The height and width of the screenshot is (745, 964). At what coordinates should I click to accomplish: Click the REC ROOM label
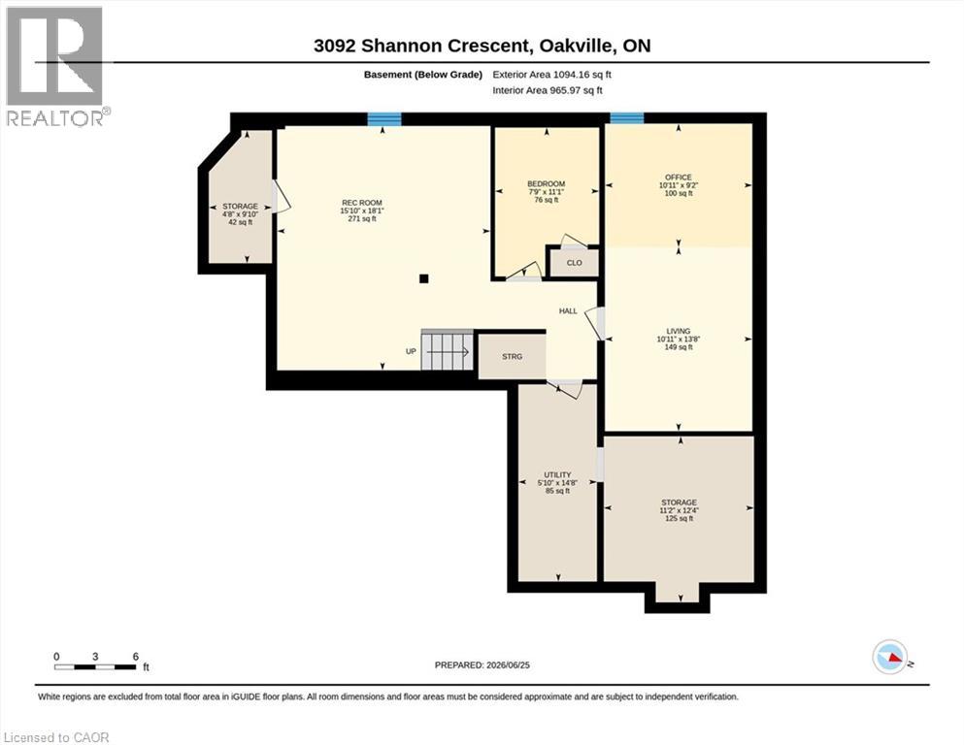(362, 203)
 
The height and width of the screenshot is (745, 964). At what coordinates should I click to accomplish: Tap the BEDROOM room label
(546, 183)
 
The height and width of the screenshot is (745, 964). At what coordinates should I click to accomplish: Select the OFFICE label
(679, 177)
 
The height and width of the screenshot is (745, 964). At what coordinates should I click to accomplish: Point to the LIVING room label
(679, 331)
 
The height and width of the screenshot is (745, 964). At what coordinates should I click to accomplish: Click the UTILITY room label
(557, 474)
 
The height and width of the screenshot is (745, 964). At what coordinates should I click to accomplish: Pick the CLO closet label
(574, 263)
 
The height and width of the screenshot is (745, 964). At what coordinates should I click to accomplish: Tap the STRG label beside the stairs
(513, 356)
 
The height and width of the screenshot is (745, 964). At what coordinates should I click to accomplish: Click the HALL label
(568, 310)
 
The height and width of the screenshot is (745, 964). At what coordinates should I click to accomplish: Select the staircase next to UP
(447, 351)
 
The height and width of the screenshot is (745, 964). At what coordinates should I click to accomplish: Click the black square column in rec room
(423, 278)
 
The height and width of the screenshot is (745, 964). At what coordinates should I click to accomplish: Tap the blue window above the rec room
(384, 119)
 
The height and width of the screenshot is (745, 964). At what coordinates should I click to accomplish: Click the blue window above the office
(627, 118)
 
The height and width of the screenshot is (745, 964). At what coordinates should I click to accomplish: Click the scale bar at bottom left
(95, 666)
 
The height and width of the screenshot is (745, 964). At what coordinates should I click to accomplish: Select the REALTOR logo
(56, 66)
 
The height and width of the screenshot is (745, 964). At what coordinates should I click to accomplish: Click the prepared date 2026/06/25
(508, 664)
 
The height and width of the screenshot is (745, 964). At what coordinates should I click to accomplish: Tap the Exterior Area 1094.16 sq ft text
(551, 75)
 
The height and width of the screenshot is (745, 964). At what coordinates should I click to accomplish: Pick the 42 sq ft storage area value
(241, 222)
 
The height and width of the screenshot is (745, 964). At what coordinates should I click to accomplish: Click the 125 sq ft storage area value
(679, 518)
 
